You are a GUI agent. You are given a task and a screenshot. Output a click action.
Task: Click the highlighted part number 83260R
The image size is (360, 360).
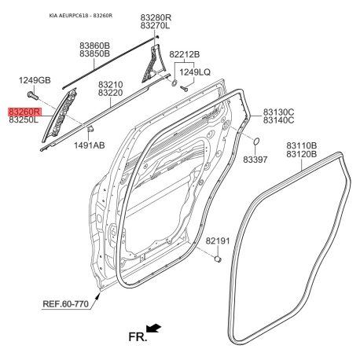coord(24,112)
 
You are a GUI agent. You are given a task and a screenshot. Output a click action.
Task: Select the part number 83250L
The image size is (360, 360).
coord(24,120)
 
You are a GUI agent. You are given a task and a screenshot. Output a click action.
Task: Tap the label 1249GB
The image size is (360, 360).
coord(35,80)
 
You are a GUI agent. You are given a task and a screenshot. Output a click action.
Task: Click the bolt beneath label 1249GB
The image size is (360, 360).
coord(33,96)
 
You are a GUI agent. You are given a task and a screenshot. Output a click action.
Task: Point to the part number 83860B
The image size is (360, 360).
coord(95,46)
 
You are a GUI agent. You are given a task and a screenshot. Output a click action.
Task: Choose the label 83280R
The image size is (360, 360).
coord(156,17)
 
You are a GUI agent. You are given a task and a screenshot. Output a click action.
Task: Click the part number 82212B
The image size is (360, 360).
coord(185,54)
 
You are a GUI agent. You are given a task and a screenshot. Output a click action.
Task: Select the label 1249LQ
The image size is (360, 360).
coord(195,72)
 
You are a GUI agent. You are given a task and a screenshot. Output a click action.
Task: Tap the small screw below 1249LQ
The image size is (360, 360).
coord(184,89)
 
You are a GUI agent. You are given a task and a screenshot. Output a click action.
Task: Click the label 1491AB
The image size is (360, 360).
coord(90,145)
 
